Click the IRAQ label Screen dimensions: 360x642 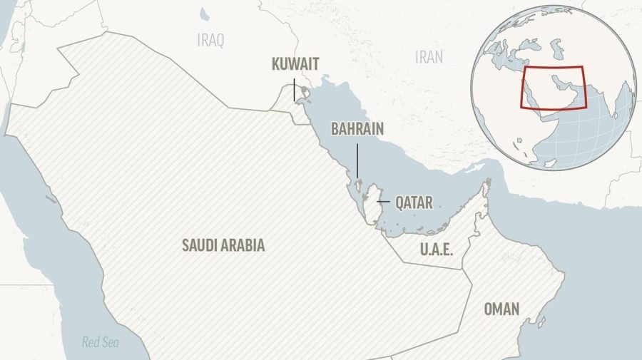(210, 41)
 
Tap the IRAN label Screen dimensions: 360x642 (429, 58)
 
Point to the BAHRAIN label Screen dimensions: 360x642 (357, 129)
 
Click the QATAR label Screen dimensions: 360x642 (414, 203)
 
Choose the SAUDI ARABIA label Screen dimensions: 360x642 (223, 245)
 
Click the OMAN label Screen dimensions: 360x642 (501, 309)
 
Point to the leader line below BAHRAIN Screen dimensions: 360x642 (357, 160)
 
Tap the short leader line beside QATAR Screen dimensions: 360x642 (383, 203)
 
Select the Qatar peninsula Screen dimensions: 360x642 (371, 207)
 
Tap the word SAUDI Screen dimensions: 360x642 (198, 245)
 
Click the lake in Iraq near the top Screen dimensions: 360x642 (205, 14)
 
